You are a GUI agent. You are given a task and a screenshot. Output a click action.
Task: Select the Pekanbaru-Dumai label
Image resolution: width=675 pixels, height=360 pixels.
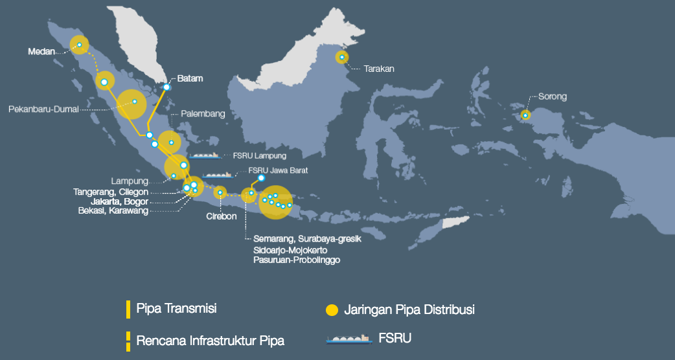pyautogui.click(x=43, y=109)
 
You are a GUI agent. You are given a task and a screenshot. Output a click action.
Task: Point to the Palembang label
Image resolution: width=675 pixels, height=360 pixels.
pyautogui.click(x=203, y=114)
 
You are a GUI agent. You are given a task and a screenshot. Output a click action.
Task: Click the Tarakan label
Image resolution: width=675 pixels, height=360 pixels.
pyautogui.click(x=379, y=68)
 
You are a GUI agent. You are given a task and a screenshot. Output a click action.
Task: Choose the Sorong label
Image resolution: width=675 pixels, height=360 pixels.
pyautogui.click(x=552, y=96)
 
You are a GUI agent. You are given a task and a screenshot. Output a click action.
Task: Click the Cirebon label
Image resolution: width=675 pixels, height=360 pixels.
pyautogui.click(x=222, y=216)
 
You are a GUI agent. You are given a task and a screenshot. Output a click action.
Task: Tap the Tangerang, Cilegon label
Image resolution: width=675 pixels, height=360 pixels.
pyautogui.click(x=111, y=192)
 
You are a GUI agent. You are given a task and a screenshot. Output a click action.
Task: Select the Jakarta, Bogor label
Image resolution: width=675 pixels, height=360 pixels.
pyautogui.click(x=120, y=201)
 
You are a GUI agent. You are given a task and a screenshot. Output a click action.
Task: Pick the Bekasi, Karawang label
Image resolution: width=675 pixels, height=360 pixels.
pyautogui.click(x=113, y=210)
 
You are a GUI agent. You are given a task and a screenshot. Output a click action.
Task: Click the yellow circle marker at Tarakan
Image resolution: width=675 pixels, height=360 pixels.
pyautogui.click(x=342, y=58)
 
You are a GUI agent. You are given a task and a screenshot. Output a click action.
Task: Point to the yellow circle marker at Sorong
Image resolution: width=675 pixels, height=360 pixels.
pyautogui.click(x=525, y=115)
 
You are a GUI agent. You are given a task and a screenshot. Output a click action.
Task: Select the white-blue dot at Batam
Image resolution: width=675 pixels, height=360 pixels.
pyautogui.click(x=166, y=87)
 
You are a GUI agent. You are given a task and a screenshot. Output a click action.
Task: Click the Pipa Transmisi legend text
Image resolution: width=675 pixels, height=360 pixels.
pyautogui.click(x=176, y=308)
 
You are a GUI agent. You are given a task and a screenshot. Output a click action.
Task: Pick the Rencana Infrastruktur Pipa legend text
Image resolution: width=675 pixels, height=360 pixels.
pyautogui.click(x=210, y=340)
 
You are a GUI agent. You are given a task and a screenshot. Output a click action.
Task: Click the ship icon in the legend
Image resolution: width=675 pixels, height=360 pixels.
pyautogui.click(x=348, y=339)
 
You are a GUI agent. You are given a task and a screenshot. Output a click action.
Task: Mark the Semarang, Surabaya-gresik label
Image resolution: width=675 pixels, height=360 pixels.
pyautogui.click(x=306, y=239)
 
